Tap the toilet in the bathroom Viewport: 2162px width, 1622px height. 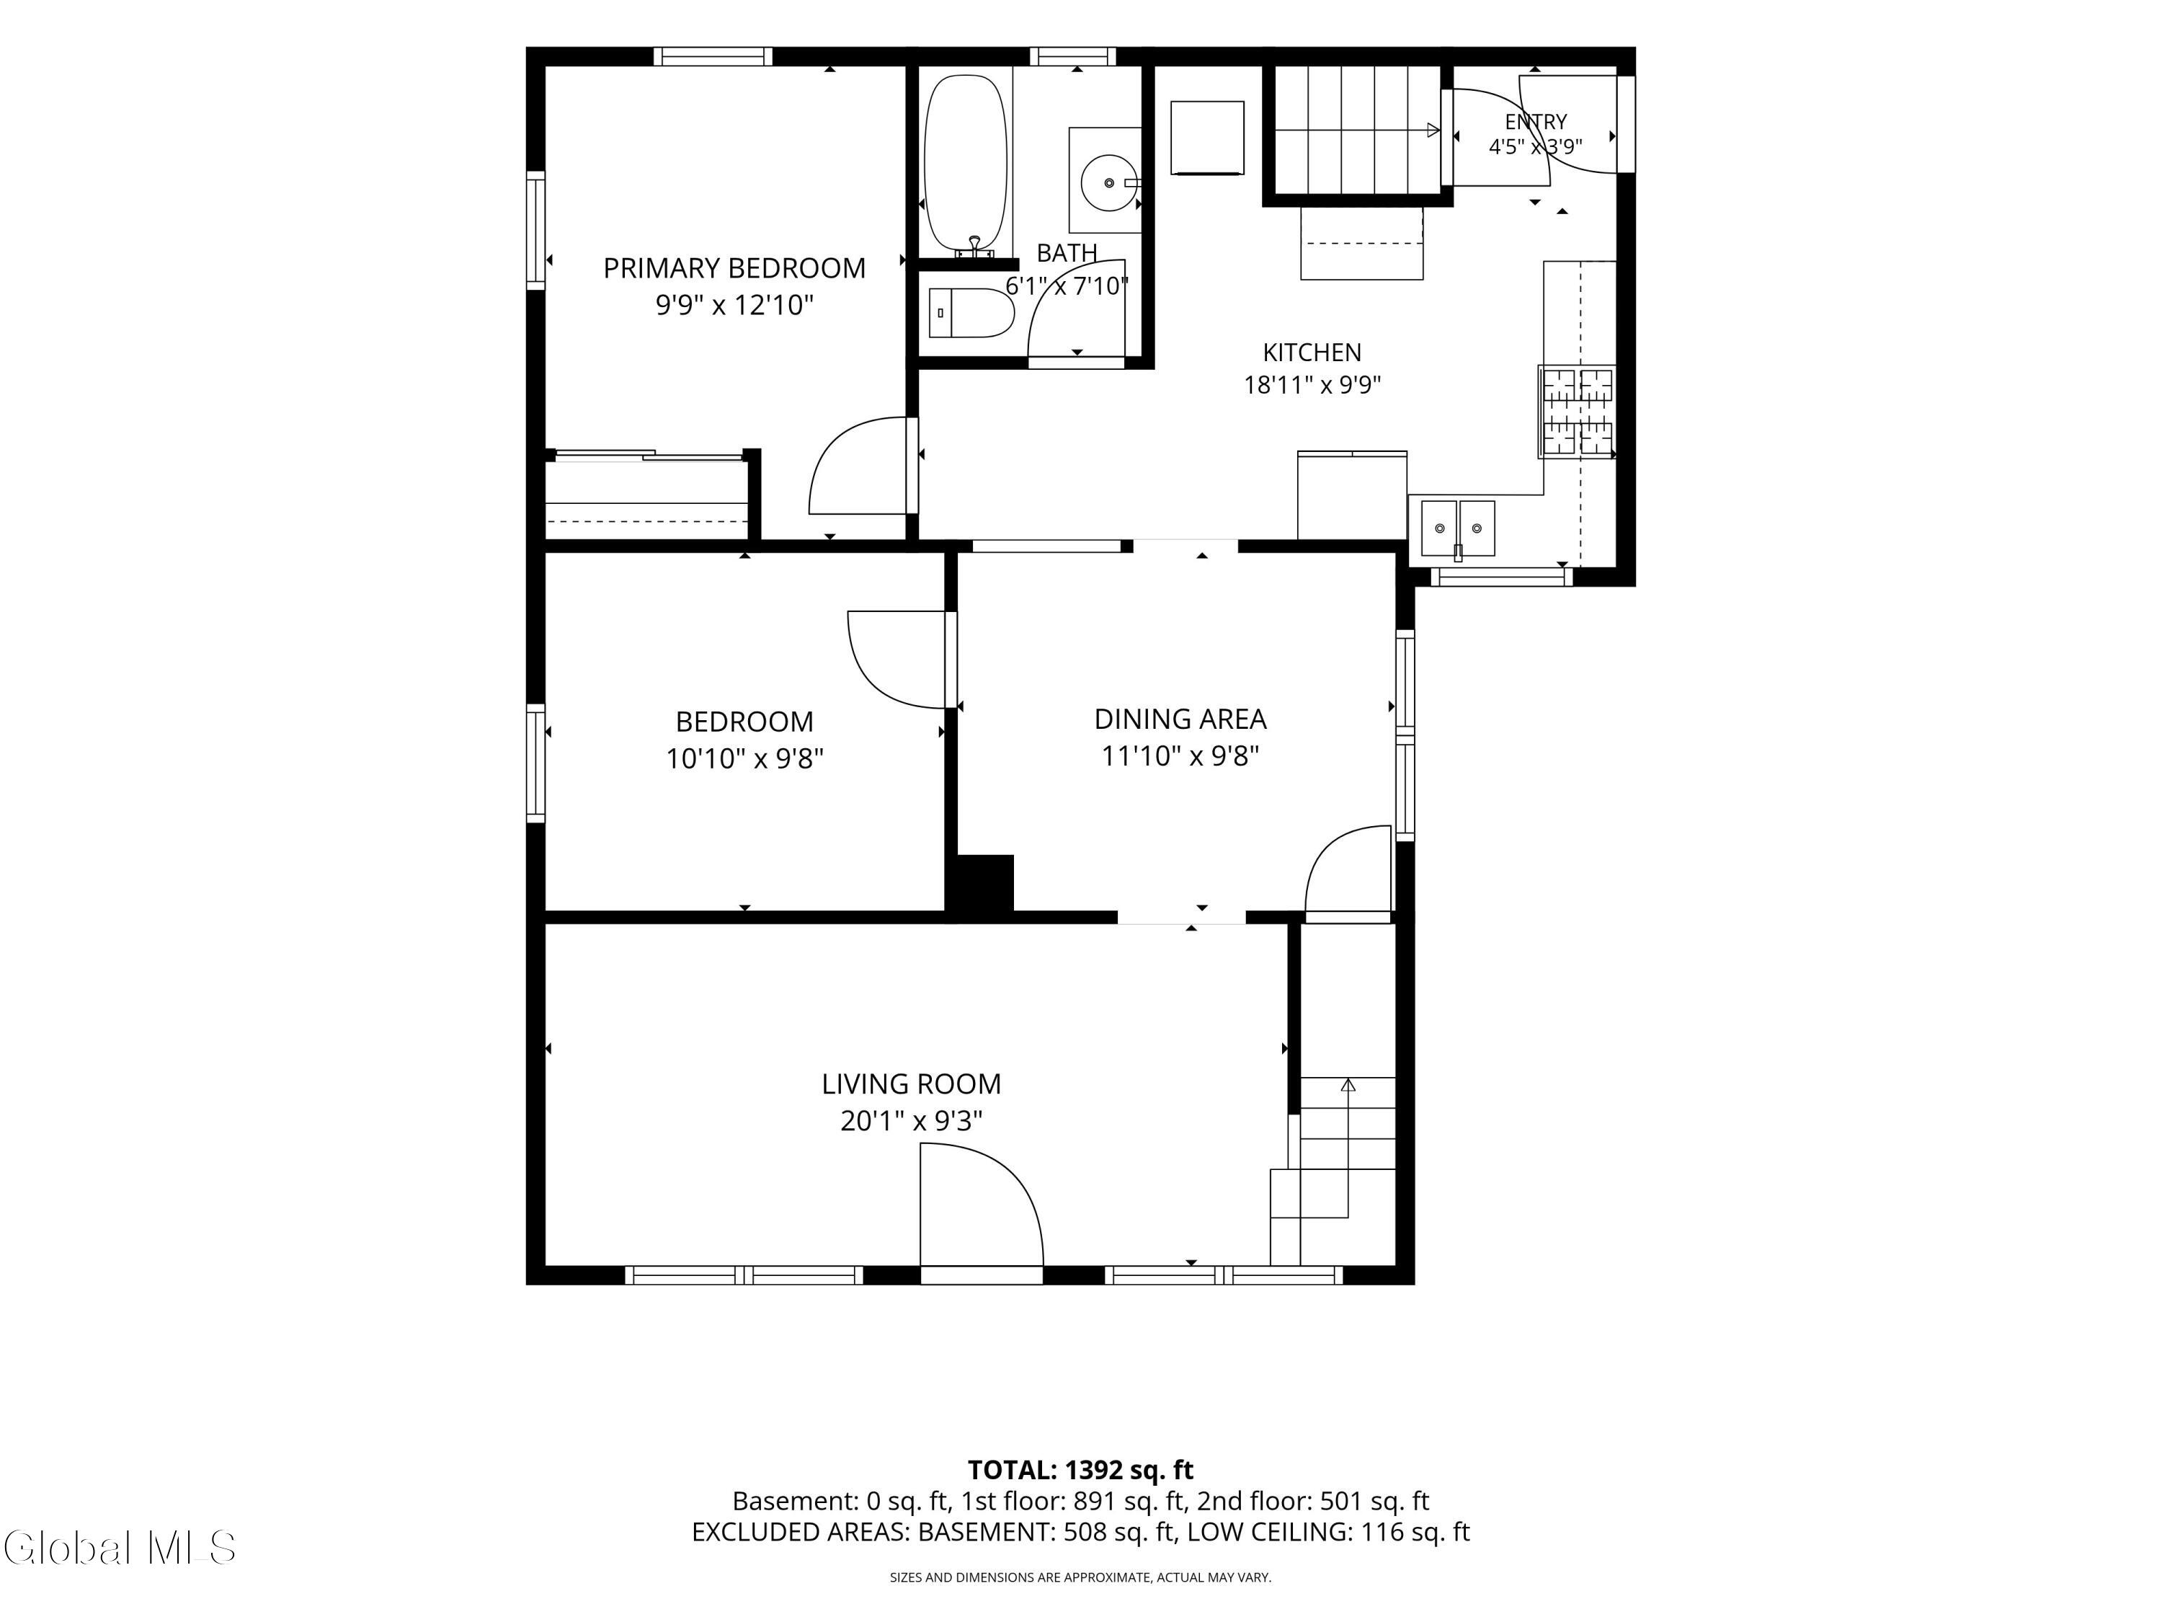[x=971, y=313]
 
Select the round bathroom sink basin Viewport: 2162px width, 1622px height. [x=1108, y=182]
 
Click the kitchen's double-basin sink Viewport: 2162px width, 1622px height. [x=1457, y=528]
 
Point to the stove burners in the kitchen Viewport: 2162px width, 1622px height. [x=1577, y=412]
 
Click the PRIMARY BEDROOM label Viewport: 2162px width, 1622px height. [x=734, y=268]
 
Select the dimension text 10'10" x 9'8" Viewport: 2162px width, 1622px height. [x=744, y=758]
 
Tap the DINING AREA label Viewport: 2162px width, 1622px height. [x=1180, y=719]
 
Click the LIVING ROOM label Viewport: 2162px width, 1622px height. [x=911, y=1084]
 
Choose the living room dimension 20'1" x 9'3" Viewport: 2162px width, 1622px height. [x=911, y=1120]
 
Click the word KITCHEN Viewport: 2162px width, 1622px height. [x=1312, y=352]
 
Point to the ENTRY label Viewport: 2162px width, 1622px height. [x=1536, y=121]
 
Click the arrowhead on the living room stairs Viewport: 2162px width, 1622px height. [x=1348, y=1084]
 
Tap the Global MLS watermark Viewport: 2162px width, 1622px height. [x=119, y=1548]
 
